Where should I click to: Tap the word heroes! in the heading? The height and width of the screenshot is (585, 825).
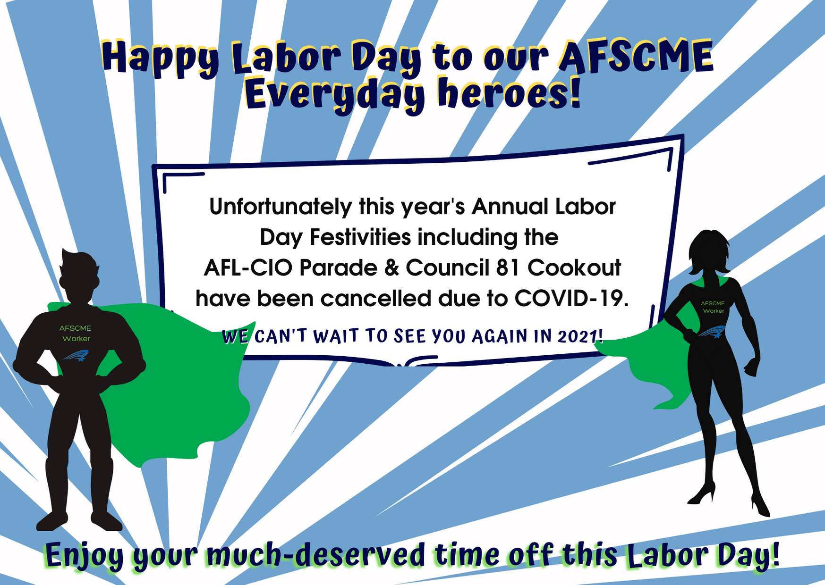[509, 93]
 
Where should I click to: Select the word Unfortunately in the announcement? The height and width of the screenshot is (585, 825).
[281, 207]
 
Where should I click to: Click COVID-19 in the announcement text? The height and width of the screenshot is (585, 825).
[571, 299]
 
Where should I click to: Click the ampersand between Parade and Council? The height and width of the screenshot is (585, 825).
[391, 268]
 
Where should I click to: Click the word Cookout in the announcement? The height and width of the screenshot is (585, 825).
[574, 268]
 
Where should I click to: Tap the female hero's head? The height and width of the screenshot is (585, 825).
[709, 252]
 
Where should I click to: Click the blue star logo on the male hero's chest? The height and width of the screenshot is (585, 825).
[77, 355]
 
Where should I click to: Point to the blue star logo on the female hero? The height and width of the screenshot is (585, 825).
[712, 332]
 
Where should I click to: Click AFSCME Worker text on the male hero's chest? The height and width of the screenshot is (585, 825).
[76, 333]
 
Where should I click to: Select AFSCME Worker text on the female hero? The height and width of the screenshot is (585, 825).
[713, 307]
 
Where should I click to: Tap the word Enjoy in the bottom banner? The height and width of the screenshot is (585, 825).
[84, 556]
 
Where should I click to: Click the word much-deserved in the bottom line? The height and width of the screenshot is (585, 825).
[316, 555]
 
